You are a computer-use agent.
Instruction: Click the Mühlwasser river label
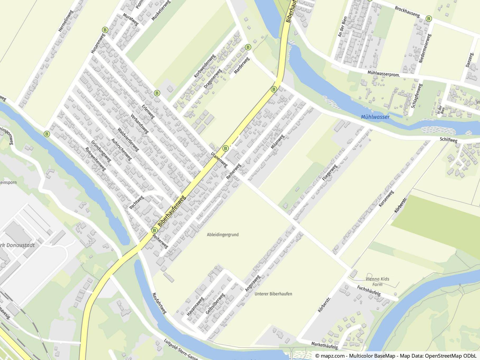click(375, 117)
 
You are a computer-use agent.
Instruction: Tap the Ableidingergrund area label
click(223, 235)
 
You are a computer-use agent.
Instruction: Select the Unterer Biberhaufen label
click(273, 294)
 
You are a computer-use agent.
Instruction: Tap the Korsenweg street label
click(386, 199)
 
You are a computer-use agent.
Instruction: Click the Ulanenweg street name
click(219, 160)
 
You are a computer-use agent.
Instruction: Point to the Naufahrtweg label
click(159, 303)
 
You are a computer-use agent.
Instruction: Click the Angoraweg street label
click(253, 284)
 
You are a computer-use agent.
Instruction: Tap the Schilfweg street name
click(449, 140)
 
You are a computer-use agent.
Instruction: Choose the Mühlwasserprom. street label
click(383, 74)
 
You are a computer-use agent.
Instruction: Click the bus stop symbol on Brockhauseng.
click(429, 19)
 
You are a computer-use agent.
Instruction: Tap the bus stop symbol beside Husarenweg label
click(105, 30)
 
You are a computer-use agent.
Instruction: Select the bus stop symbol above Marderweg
click(248, 47)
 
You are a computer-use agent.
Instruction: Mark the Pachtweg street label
click(136, 203)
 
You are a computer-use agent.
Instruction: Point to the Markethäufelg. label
click(325, 345)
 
